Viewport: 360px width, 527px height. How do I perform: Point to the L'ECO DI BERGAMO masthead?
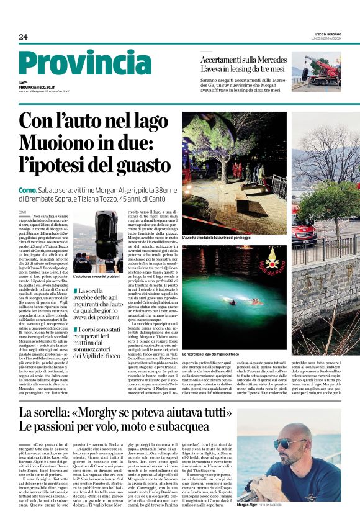325,34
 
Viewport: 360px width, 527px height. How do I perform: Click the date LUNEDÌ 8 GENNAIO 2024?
326,38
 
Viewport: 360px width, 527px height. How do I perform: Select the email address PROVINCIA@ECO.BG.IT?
37,88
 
